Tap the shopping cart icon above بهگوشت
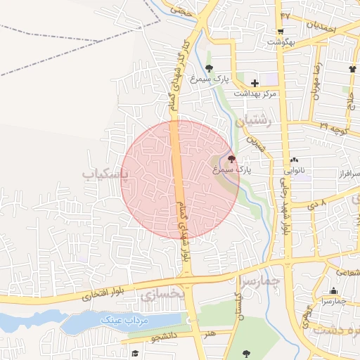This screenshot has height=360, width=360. point(280,31)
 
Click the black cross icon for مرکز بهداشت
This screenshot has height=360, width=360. point(255,83)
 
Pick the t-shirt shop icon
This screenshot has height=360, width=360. point(352,69)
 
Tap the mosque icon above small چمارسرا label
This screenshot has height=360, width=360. point(333,291)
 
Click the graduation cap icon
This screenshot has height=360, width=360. point(134,354)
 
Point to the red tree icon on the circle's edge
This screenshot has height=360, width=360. point(232,157)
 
